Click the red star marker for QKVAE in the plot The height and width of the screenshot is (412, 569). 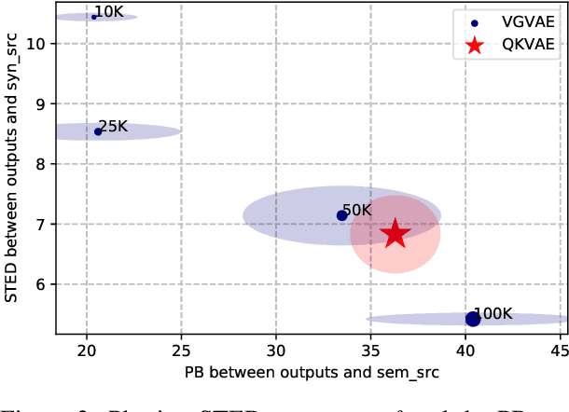point(395,233)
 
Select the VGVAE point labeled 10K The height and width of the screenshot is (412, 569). point(94,17)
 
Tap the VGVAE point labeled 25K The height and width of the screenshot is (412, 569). point(98,131)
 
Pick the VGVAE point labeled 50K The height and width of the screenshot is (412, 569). point(341,215)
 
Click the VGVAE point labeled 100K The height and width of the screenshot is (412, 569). point(472,319)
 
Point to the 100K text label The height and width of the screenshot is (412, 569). point(493,314)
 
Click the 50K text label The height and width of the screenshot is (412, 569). point(357,211)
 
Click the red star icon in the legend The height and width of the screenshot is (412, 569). point(475,45)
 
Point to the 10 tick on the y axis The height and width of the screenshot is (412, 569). point(35,44)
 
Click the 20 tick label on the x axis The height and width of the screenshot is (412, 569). point(87,350)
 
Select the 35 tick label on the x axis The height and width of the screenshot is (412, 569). point(370,350)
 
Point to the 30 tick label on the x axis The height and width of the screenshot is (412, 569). point(276,350)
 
